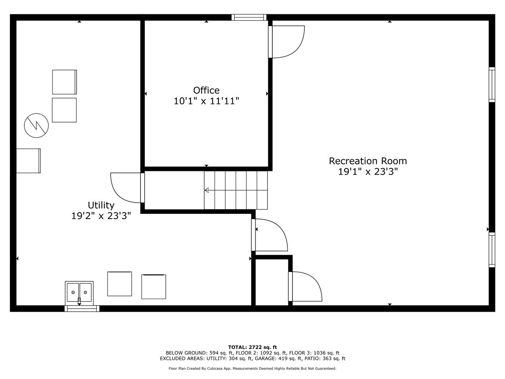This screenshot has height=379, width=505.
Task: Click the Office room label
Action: coord(206,91)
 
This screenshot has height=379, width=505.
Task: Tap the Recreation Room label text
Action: coord(368,161)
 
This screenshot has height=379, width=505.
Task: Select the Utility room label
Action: coord(101,205)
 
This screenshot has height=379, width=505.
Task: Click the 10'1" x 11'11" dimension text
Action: coord(206,101)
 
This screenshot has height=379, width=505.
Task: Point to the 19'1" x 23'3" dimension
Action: coord(368,172)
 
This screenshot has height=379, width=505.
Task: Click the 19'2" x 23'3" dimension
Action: coord(101,216)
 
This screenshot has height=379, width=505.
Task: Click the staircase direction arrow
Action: coord(207,190)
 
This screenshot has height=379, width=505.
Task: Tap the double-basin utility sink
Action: coord(79,292)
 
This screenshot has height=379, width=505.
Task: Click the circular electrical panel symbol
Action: coord(36,125)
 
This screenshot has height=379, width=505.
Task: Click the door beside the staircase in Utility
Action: coord(126,188)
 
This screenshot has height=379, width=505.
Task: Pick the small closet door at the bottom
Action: coord(306,287)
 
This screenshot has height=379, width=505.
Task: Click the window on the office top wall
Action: coord(249,17)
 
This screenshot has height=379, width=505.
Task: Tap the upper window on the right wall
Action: coord(492,84)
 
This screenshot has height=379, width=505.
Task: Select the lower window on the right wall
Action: coord(492,250)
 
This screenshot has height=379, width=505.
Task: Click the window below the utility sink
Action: coord(82,309)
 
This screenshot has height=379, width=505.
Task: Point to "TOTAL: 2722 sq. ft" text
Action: coord(252,347)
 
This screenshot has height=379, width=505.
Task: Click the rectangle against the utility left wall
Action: coord(28,161)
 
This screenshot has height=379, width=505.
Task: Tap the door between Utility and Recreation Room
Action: coord(269,235)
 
